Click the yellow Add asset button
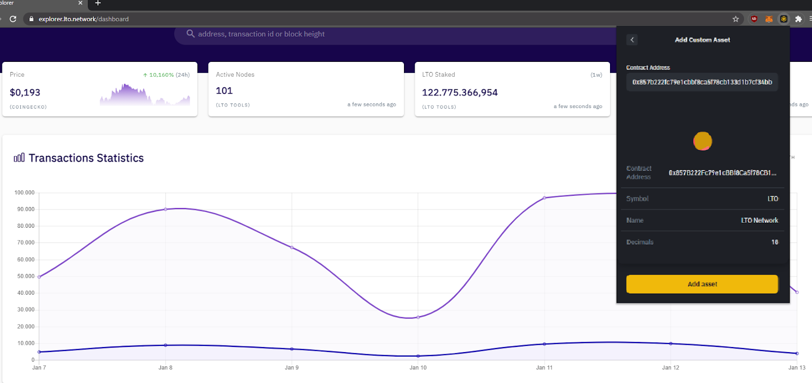pos(702,284)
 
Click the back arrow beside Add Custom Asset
pos(632,40)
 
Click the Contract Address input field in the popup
pos(702,82)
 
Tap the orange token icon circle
pos(703,141)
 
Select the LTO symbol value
pos(772,199)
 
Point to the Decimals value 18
pos(774,242)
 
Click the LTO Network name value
pos(759,220)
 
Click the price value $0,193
pos(25,92)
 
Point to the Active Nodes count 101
pos(224,91)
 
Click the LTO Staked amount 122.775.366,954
pos(460,92)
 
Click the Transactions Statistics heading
pos(86,158)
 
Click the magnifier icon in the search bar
pos(190,33)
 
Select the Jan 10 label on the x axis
pos(418,367)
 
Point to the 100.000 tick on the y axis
pos(24,193)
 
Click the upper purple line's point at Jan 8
pos(165,209)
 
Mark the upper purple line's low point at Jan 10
pos(418,317)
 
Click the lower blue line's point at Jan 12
pos(670,343)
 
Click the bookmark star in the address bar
pos(735,19)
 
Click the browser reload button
pos(13,19)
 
